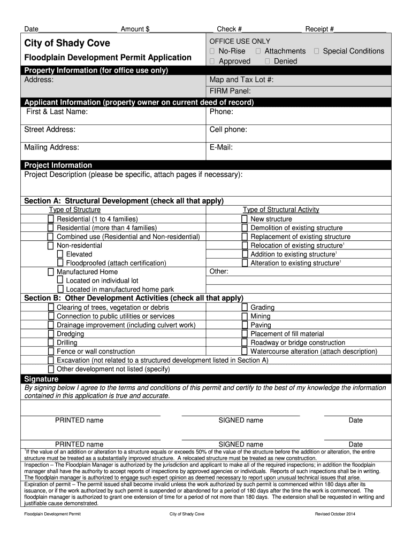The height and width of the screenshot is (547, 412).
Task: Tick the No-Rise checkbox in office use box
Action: pyautogui.click(x=212, y=51)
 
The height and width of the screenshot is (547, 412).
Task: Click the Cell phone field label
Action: pyautogui.click(x=228, y=130)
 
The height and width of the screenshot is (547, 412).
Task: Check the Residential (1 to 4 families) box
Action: pyautogui.click(x=51, y=219)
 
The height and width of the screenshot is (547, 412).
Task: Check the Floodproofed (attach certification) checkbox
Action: pyautogui.click(x=60, y=263)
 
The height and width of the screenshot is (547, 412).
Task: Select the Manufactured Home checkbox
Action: pyautogui.click(x=51, y=272)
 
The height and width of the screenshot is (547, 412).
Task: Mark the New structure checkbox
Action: pyautogui.click(x=245, y=219)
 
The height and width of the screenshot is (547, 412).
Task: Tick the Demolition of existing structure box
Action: pyautogui.click(x=245, y=228)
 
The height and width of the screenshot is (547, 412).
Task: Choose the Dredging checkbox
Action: pyautogui.click(x=51, y=334)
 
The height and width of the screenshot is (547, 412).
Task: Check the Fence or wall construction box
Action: pyautogui.click(x=51, y=351)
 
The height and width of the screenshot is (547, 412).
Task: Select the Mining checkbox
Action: pyautogui.click(x=245, y=316)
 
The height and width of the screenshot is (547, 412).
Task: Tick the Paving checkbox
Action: pyautogui.click(x=245, y=325)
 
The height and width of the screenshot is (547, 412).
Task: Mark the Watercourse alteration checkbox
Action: pyautogui.click(x=245, y=351)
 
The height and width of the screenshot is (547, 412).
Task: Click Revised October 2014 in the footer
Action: pyautogui.click(x=335, y=514)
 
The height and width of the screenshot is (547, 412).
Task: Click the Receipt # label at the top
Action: pyautogui.click(x=319, y=29)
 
